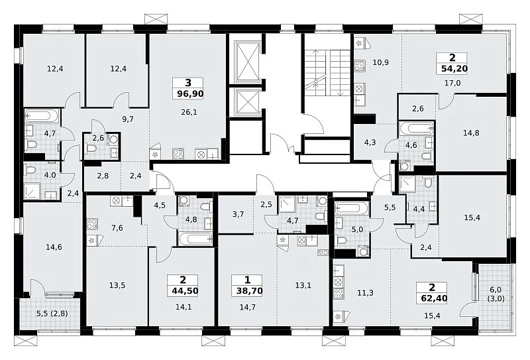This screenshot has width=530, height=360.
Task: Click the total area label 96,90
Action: coord(190,93)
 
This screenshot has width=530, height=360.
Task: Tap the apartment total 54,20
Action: coord(454,69)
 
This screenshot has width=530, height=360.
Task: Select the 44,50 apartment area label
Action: coord(185,290)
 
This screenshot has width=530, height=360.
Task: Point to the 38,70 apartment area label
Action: coord(250,290)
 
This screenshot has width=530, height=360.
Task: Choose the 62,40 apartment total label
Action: coord(434,298)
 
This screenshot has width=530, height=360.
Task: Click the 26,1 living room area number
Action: coord(189,112)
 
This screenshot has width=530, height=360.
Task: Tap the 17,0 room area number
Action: coord(452,83)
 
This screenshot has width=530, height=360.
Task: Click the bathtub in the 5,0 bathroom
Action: coord(352,208)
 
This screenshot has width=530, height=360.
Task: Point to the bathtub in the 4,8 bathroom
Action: coord(195,239)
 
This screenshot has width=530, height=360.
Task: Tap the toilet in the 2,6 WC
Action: coord(91,148)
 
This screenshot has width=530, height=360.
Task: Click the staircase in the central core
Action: coord(327,73)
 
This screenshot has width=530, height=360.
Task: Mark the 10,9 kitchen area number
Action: coord(380,62)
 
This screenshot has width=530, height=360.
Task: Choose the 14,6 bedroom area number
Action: coord(54,247)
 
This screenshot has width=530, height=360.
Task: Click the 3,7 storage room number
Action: coord(238,214)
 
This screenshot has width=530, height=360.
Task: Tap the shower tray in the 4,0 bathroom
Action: coord(32,191)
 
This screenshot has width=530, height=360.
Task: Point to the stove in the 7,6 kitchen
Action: coord(92,223)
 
